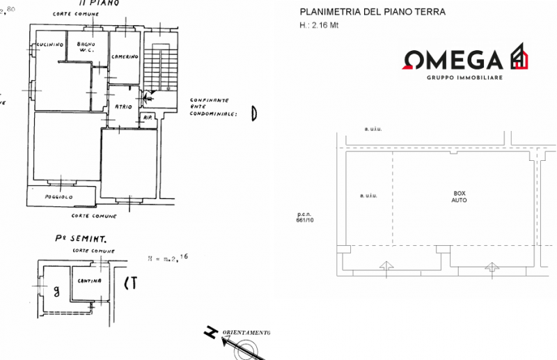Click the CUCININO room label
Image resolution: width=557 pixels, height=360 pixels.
tap(50, 45)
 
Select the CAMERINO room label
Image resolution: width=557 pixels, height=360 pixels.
tap(125, 56)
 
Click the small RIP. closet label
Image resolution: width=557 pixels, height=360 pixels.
tap(148, 117)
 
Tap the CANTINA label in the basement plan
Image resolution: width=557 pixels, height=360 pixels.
tap(90, 281)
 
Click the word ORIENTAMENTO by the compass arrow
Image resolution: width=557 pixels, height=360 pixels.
tap(245, 333)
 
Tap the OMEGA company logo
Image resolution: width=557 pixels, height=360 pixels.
tap(464, 59)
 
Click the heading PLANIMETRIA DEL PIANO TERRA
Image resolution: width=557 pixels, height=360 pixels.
tap(372, 13)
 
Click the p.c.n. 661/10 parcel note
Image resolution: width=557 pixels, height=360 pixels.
tap(305, 217)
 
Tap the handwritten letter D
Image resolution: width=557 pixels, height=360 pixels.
tap(254, 114)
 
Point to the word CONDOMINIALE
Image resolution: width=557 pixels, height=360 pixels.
tap(212, 115)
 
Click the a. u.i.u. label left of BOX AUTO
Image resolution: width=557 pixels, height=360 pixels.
tap(367, 196)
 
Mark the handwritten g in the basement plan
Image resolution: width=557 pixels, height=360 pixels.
tap(56, 289)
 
